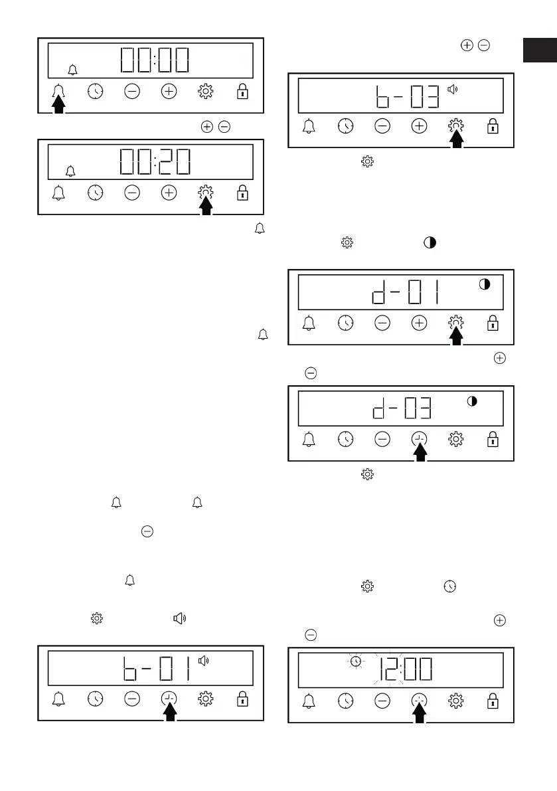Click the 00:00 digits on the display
(x=155, y=61)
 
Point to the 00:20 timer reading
(x=155, y=162)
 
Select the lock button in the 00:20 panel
(x=242, y=193)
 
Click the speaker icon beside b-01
(x=204, y=660)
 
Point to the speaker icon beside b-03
(x=453, y=88)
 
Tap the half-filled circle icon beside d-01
(x=485, y=284)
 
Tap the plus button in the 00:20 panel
(x=169, y=193)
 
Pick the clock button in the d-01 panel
(x=345, y=323)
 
